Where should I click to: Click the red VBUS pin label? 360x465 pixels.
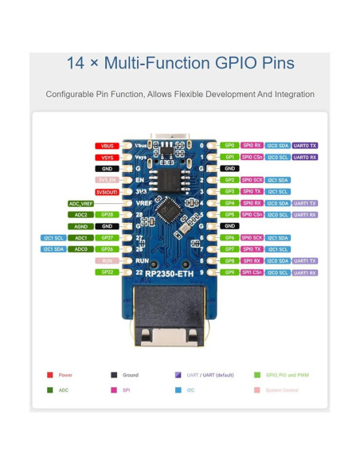click(x=106, y=147)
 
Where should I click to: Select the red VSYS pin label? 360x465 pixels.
click(x=106, y=158)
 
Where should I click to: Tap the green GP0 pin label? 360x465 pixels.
click(x=229, y=147)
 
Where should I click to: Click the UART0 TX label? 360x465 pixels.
click(x=305, y=147)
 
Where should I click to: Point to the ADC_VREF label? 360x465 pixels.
click(x=81, y=204)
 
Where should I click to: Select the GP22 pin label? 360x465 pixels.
click(x=106, y=272)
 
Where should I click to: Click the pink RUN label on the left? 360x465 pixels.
click(x=106, y=261)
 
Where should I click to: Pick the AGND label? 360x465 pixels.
click(x=81, y=226)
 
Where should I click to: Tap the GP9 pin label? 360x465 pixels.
click(x=229, y=272)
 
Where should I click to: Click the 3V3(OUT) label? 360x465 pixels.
click(x=106, y=192)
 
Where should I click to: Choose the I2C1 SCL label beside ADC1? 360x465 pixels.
click(x=53, y=238)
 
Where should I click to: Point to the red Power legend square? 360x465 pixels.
click(x=50, y=374)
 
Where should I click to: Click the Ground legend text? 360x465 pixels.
click(x=131, y=374)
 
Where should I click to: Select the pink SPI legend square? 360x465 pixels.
click(x=113, y=390)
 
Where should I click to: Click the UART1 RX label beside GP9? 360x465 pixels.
click(x=305, y=272)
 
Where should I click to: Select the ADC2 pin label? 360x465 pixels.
click(x=81, y=215)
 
